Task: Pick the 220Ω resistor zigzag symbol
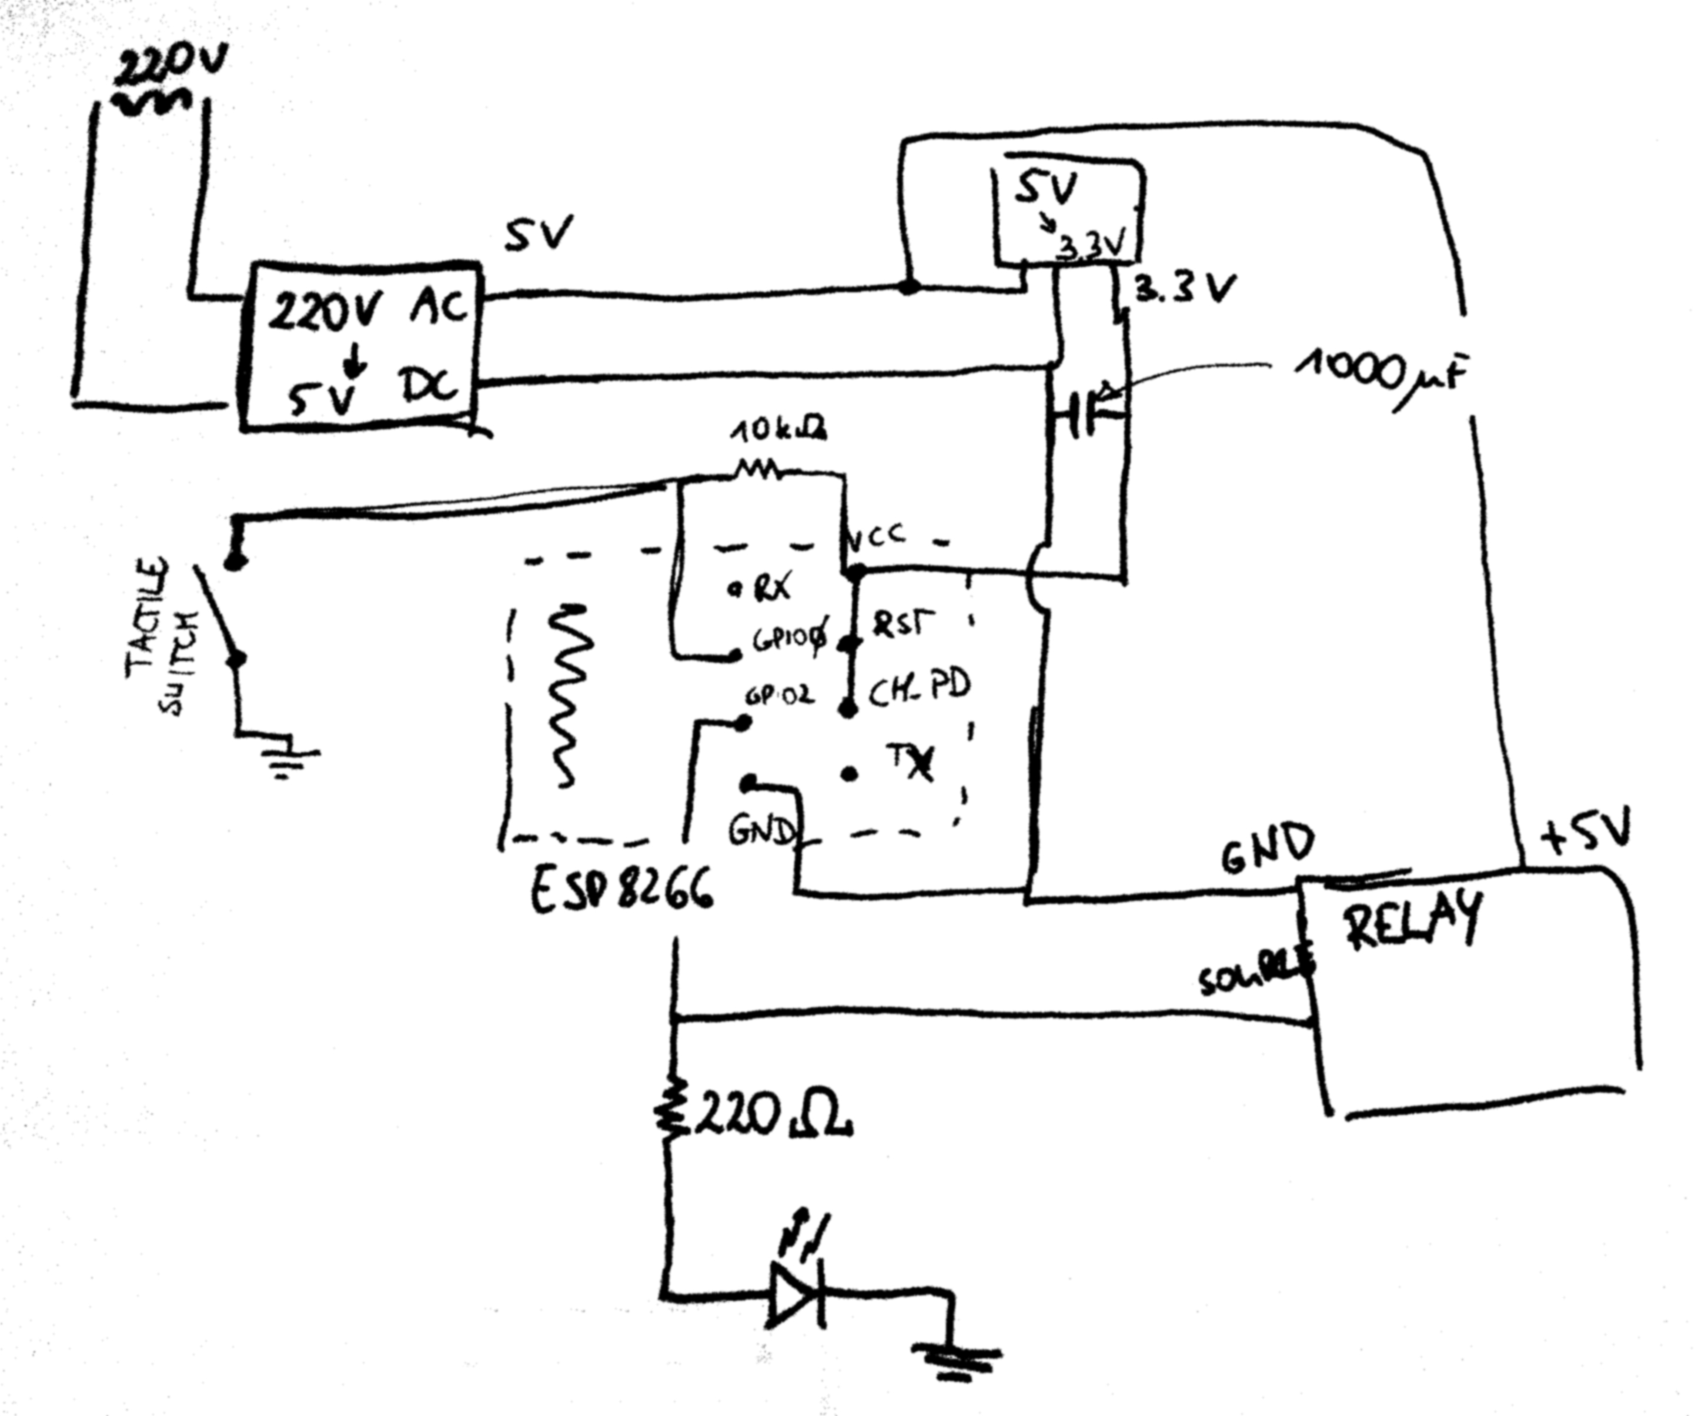pos(668,1107)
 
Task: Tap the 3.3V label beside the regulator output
pos(1185,289)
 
